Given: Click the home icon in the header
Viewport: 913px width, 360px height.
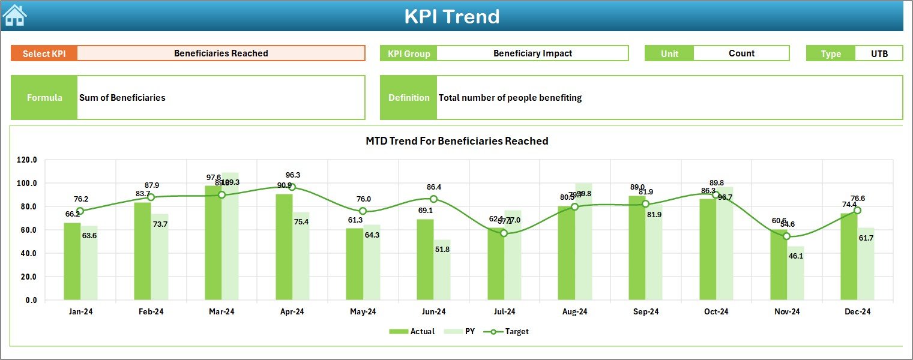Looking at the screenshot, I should pyautogui.click(x=14, y=15).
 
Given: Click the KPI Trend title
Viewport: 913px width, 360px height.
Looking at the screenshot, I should pyautogui.click(x=451, y=16).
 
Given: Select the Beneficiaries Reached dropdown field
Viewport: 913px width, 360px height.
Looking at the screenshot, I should pyautogui.click(x=221, y=53).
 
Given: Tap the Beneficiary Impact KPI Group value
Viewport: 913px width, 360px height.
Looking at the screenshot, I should pyautogui.click(x=532, y=53).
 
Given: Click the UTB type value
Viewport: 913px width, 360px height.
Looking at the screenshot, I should pyautogui.click(x=879, y=53).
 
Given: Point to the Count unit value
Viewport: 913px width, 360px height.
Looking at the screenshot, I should pyautogui.click(x=741, y=53).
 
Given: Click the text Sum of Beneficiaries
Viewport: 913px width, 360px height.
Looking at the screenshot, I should pyautogui.click(x=122, y=98).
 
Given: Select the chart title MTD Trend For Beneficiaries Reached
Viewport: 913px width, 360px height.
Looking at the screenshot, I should pyautogui.click(x=457, y=141).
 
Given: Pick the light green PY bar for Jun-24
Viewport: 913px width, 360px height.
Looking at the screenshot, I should pyautogui.click(x=442, y=270).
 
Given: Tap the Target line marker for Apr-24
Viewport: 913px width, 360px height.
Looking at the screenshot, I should pyautogui.click(x=292, y=187).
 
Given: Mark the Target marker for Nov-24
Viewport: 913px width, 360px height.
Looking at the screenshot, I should pyautogui.click(x=787, y=236).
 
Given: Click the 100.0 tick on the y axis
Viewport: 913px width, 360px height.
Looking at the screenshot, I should pyautogui.click(x=26, y=184).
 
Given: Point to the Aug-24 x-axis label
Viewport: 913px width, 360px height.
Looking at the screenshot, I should pyautogui.click(x=574, y=312).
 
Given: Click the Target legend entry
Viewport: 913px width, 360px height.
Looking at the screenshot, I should pyautogui.click(x=510, y=331).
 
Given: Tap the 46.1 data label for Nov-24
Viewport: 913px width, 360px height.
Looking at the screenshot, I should pyautogui.click(x=795, y=256).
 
